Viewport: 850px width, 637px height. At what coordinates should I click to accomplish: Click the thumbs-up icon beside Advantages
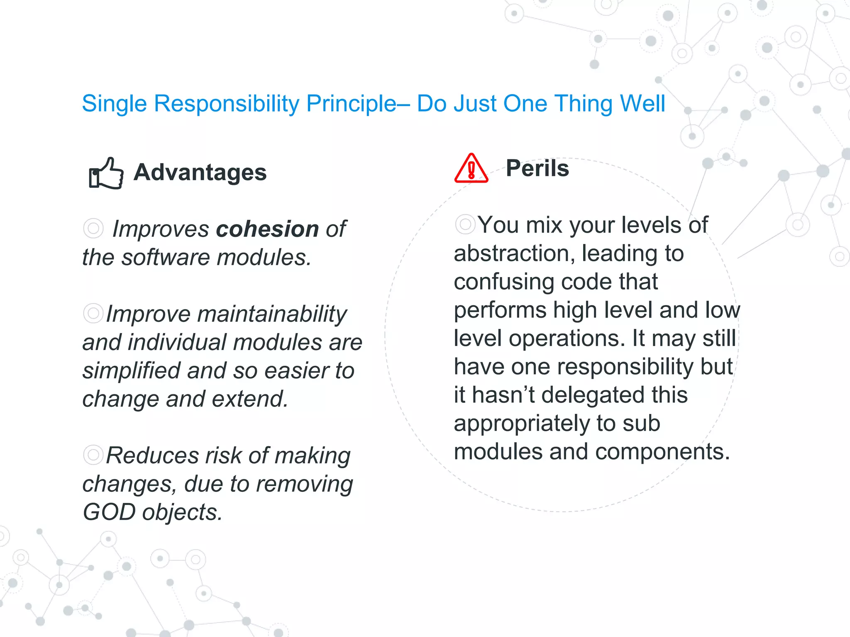pyautogui.click(x=106, y=173)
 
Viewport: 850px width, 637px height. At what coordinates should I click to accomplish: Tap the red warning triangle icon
pyautogui.click(x=471, y=169)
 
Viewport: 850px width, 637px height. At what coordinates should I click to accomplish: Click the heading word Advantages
pyautogui.click(x=200, y=172)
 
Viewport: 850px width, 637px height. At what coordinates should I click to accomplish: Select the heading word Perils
pyautogui.click(x=537, y=168)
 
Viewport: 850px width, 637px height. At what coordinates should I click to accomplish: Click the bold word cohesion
pyautogui.click(x=267, y=229)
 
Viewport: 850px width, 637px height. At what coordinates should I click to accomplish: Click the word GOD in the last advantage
pyautogui.click(x=109, y=512)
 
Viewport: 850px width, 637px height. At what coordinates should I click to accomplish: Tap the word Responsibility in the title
pyautogui.click(x=226, y=103)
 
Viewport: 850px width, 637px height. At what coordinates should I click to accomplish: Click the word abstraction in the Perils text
pyautogui.click(x=511, y=253)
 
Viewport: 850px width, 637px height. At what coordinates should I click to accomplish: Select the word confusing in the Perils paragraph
pyautogui.click(x=504, y=282)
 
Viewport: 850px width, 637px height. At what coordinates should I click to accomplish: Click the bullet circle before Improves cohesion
pyautogui.click(x=93, y=228)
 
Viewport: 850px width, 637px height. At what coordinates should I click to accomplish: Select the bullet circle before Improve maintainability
pyautogui.click(x=93, y=313)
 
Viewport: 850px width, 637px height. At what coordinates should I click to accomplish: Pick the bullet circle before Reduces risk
pyautogui.click(x=93, y=455)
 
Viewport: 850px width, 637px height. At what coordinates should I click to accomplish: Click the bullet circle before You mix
pyautogui.click(x=465, y=224)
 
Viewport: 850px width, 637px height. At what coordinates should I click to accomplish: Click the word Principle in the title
pyautogui.click(x=351, y=103)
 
